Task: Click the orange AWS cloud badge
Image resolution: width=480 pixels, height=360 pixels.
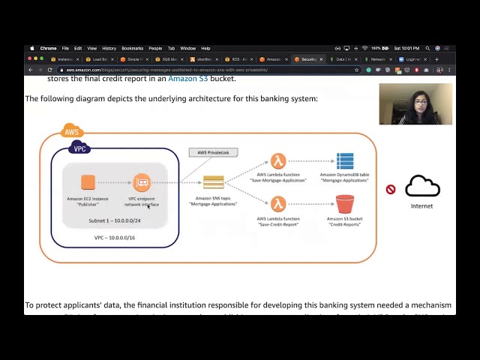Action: point(72,132)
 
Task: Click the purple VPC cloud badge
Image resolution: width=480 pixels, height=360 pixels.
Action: point(79,148)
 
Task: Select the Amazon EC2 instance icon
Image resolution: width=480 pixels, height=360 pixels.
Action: point(88,182)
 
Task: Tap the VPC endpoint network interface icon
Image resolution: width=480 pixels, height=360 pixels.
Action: point(142,182)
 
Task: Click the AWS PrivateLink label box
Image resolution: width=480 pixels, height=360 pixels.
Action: point(214,152)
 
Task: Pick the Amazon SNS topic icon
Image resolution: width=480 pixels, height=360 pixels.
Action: point(214,182)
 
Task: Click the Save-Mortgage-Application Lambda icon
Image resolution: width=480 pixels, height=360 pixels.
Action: point(278,161)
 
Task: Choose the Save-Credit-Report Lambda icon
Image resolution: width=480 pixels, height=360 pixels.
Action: point(278,203)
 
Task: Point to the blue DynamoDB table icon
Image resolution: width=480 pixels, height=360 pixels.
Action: point(345,161)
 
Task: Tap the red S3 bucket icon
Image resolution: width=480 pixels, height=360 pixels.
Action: point(345,203)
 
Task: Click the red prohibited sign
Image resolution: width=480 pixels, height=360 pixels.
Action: point(391,189)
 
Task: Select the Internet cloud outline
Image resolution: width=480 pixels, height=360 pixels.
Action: point(422,186)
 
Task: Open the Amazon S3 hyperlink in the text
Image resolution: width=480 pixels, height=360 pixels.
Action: point(187,79)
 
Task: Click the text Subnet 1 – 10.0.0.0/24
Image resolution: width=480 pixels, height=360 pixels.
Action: point(115,220)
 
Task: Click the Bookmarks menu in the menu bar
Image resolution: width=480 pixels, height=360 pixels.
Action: point(132,48)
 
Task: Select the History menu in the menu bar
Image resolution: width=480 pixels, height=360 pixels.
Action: point(109,48)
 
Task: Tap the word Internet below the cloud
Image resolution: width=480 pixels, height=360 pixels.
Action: point(421,206)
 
